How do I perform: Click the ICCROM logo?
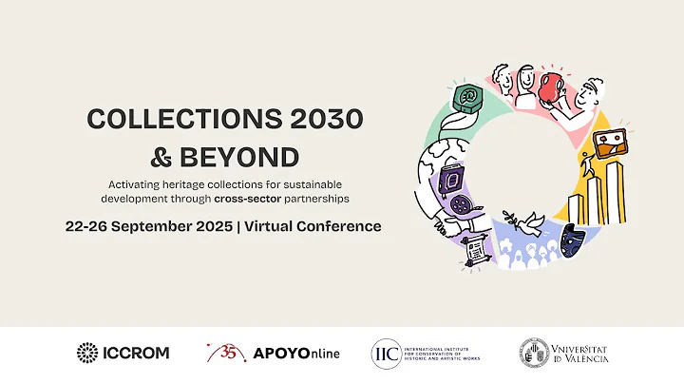(123, 353)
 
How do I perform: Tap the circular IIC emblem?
(386, 353)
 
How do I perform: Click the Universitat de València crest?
(534, 352)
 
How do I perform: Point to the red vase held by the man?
(552, 86)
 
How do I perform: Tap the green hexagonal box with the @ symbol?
(467, 98)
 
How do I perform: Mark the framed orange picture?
(609, 142)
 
